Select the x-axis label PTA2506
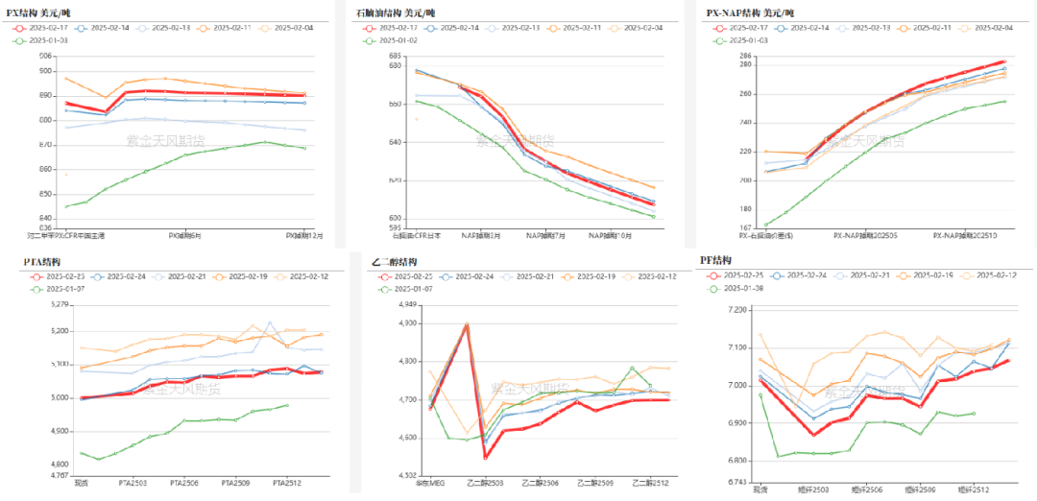pos(184,484)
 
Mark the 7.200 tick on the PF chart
pos(737,309)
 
